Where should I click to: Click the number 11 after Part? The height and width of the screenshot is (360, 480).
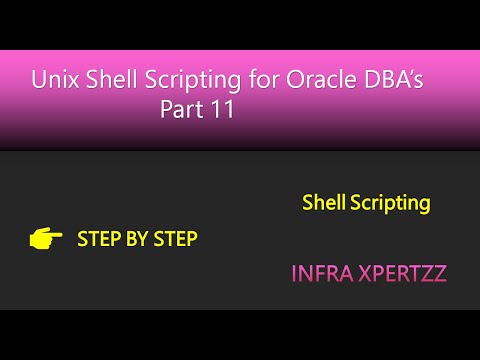coord(222,110)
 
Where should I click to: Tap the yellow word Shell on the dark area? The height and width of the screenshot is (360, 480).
coord(324,203)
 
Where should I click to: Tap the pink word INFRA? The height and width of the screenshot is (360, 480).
coord(315,271)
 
